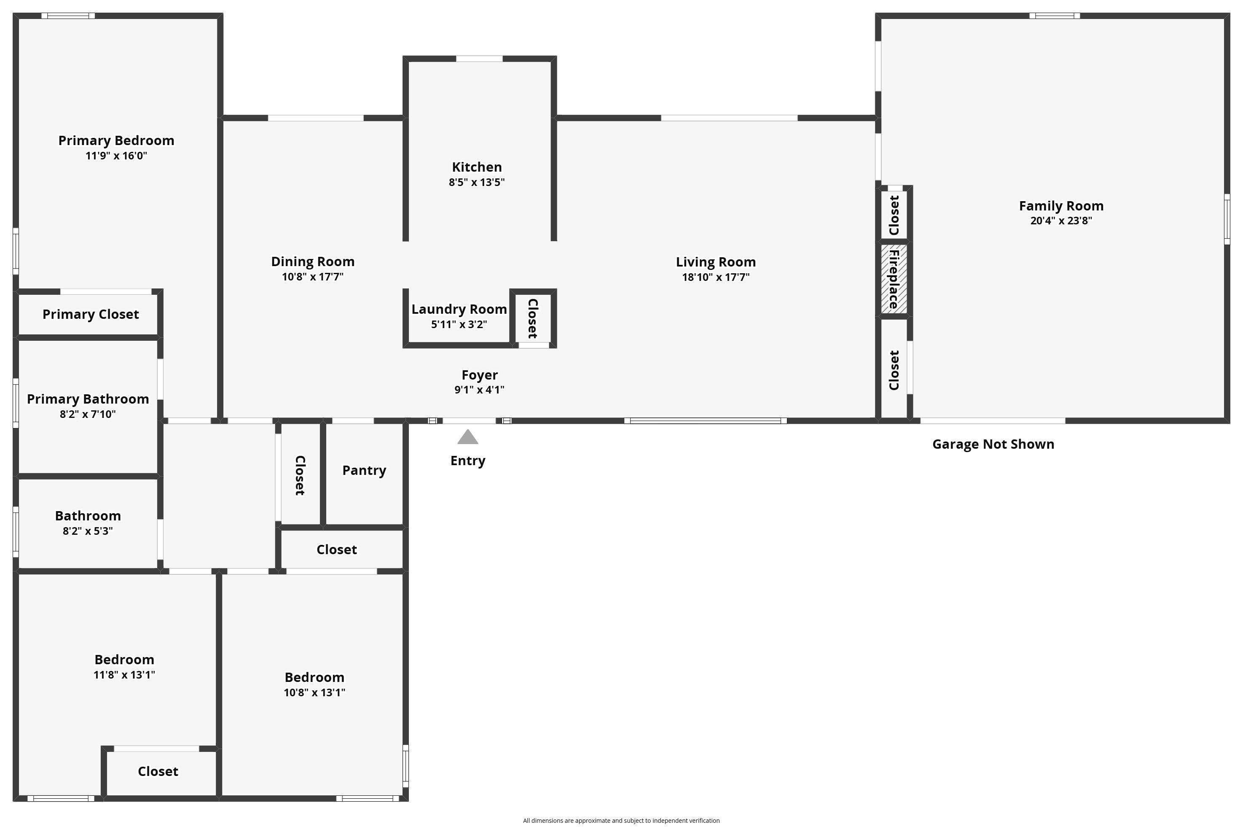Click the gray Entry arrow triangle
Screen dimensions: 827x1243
[467, 437]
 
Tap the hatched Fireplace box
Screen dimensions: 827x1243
[894, 279]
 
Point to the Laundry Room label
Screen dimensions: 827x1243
[459, 309]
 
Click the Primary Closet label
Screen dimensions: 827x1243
[91, 314]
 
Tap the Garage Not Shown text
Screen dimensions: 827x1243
[993, 444]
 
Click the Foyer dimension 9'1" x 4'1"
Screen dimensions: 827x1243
[479, 390]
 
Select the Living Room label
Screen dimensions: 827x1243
[715, 262]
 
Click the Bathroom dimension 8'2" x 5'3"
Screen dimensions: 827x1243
[88, 531]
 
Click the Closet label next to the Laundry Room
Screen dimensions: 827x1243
[532, 318]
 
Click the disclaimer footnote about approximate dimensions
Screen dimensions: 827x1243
[621, 820]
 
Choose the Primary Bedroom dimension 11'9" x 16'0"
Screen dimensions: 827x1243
[116, 156]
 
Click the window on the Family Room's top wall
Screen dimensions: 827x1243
[1054, 16]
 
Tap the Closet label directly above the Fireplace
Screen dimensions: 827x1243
[894, 215]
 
